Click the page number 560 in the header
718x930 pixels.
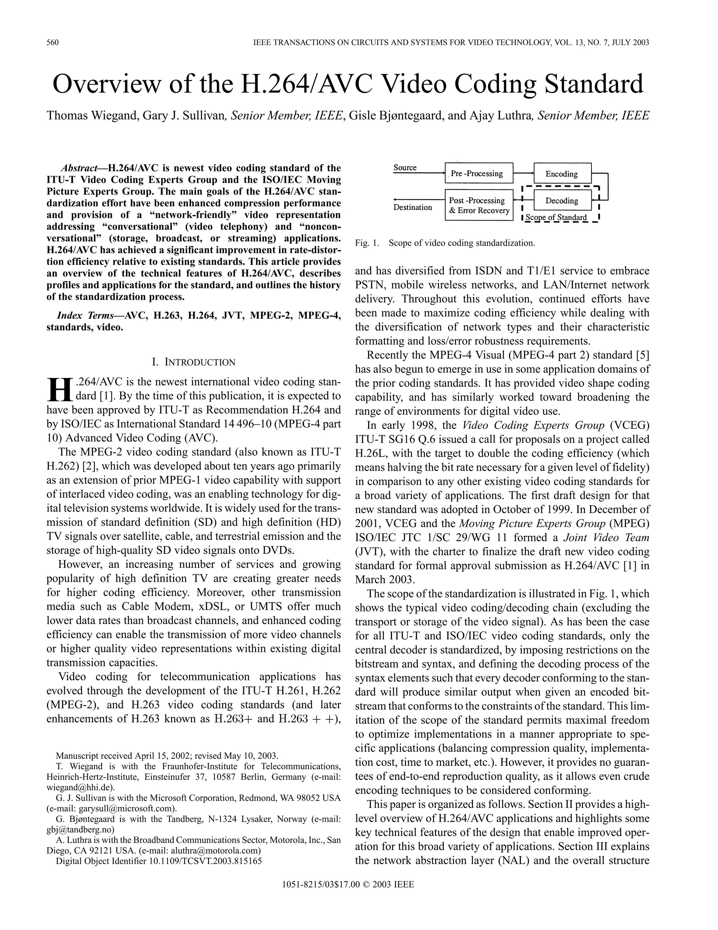[52, 42]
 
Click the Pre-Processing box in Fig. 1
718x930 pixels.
[479, 174]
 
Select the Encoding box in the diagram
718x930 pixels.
[562, 174]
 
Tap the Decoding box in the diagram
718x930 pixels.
[562, 200]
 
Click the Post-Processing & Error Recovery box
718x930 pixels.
[479, 205]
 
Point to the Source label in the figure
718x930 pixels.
[405, 168]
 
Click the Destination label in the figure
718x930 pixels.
[412, 207]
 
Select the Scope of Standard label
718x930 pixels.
[556, 218]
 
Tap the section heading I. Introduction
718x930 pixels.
[194, 363]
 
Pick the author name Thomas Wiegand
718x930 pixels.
[92, 116]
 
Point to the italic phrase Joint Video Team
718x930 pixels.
[606, 538]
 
